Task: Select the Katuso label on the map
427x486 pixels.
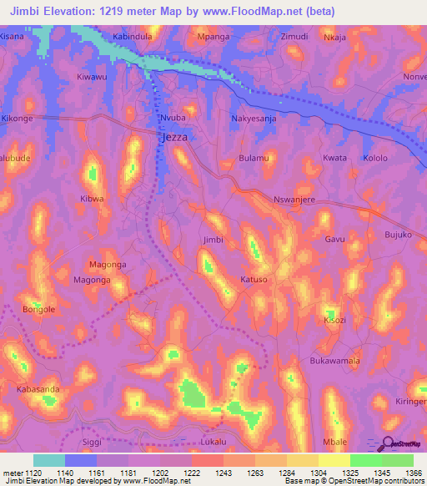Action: (254, 280)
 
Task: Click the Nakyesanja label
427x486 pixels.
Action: (255, 119)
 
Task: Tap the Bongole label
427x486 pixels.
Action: (39, 309)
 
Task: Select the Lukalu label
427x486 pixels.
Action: (213, 441)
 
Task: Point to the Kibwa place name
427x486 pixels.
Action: (92, 199)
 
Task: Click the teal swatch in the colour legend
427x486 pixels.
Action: (49, 460)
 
